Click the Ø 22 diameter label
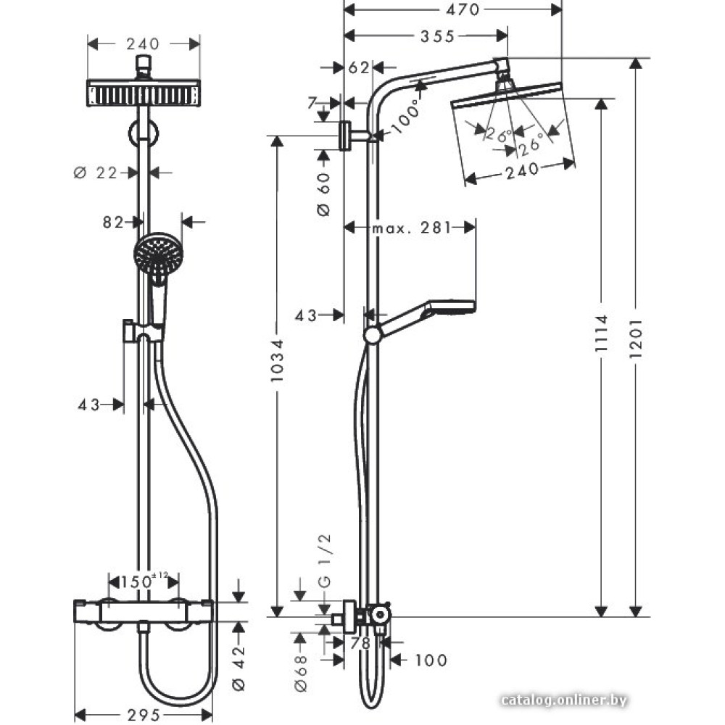click(96, 173)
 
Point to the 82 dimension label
click(113, 222)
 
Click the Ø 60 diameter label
click(324, 194)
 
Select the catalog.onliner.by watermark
click(563, 700)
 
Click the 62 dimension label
click(359, 67)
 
